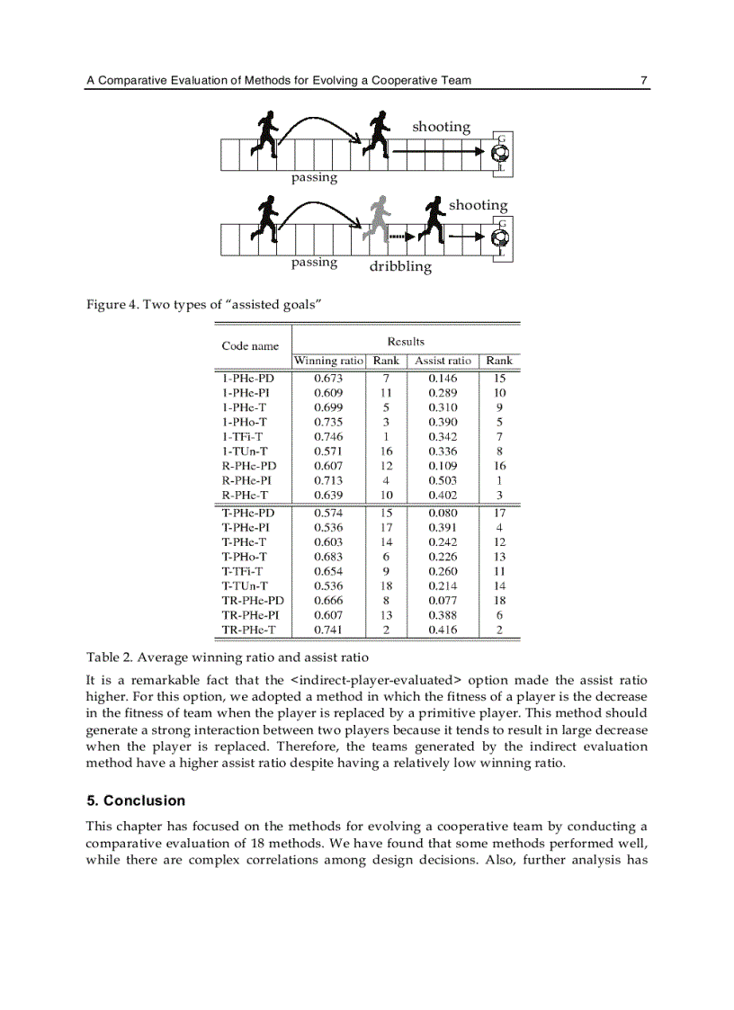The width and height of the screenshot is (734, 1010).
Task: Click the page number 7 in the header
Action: coord(644,81)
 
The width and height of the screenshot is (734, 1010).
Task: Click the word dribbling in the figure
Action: coord(400,267)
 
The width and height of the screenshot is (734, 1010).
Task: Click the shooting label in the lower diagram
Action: coord(478,205)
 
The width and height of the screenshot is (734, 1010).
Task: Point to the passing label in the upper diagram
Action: coord(314,178)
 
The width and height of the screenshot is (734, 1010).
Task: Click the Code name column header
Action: coord(250,346)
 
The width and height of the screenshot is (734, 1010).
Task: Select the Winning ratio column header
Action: coord(327,361)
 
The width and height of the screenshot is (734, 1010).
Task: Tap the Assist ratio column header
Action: coord(442,361)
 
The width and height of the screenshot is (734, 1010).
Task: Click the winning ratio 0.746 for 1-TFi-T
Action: coord(327,436)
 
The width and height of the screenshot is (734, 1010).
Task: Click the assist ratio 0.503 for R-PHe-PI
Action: coord(442,479)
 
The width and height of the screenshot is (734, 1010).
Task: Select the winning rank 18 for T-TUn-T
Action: coord(386,586)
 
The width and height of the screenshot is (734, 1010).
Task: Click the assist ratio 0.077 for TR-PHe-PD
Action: coord(442,601)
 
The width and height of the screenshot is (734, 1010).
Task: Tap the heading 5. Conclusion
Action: coord(136,800)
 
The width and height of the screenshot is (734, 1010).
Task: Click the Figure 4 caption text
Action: coord(203,305)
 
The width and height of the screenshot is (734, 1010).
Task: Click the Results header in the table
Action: coord(406,342)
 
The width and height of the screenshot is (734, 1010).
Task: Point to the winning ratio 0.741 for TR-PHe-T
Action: coord(327,630)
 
